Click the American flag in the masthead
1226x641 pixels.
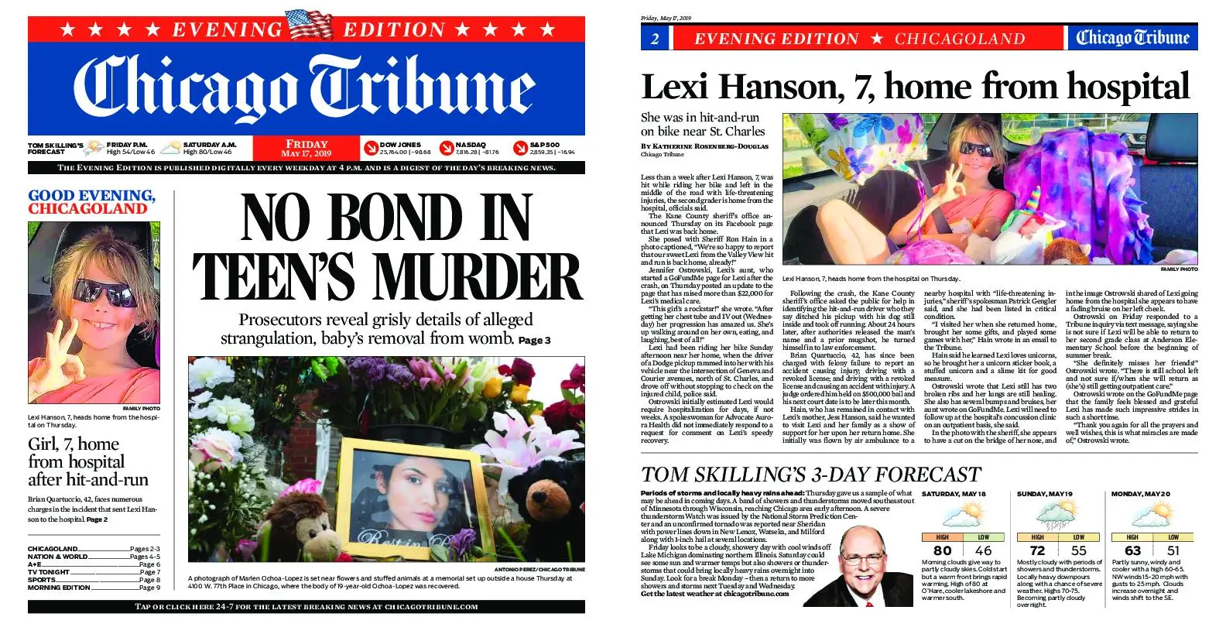coord(309,25)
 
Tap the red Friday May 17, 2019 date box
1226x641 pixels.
coord(306,148)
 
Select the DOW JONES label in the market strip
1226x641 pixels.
coord(400,145)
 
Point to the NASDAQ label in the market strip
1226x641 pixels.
coord(471,145)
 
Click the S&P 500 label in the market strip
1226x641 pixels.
coord(545,145)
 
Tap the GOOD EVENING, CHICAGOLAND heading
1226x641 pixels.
coord(91,202)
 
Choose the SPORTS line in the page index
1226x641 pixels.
coord(43,579)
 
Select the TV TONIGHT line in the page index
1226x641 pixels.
coord(49,572)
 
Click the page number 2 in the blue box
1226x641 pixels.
coord(655,39)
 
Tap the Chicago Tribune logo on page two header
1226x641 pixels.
coord(1132,38)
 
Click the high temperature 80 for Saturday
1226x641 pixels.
coord(942,550)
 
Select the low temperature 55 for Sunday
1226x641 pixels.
coord(1078,550)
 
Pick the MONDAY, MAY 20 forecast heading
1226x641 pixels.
coord(1141,493)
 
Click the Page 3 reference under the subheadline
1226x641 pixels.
coord(534,340)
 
